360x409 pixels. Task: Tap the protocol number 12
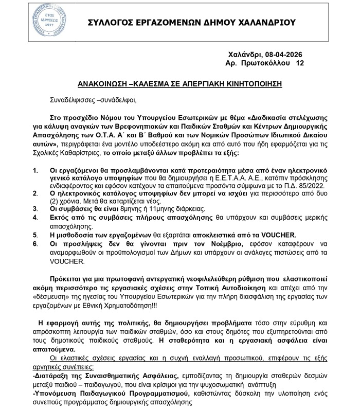click(300, 63)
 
